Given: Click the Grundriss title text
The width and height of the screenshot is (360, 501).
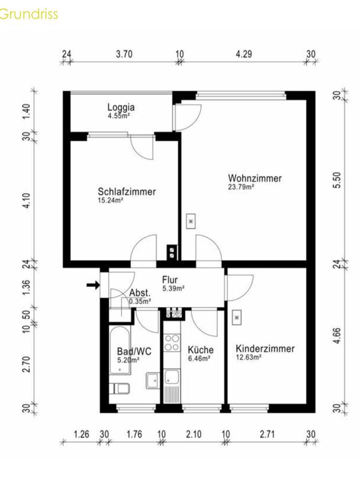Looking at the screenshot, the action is pyautogui.click(x=29, y=14).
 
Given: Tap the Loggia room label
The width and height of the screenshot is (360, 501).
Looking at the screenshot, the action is pyautogui.click(x=121, y=107).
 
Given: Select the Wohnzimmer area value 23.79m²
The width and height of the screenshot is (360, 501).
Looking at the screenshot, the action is pyautogui.click(x=241, y=187).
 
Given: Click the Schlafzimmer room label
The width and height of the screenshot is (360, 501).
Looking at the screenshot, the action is pyautogui.click(x=127, y=192).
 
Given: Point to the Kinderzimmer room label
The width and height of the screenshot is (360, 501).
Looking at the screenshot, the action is pyautogui.click(x=265, y=348).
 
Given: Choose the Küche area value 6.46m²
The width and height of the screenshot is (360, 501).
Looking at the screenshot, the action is pyautogui.click(x=199, y=359).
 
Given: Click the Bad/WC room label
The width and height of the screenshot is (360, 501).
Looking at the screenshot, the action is pyautogui.click(x=134, y=351).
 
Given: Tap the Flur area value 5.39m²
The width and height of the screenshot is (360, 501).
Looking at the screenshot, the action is pyautogui.click(x=173, y=289).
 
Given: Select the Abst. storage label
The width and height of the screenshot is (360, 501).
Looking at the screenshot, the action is pyautogui.click(x=140, y=293).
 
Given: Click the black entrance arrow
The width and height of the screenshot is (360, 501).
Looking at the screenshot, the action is pyautogui.click(x=93, y=284).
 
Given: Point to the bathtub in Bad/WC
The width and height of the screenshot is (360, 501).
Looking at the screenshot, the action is pyautogui.click(x=120, y=350).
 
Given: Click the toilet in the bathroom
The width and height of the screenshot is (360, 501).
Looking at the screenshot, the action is pyautogui.click(x=119, y=388).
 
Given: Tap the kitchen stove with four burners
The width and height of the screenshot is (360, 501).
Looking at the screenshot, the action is pyautogui.click(x=172, y=342).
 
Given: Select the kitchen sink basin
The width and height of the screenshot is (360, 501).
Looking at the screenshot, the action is pyautogui.click(x=172, y=376).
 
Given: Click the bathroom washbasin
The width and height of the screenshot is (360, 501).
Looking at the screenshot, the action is pyautogui.click(x=153, y=380).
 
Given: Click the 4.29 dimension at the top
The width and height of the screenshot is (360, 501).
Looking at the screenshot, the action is pyautogui.click(x=244, y=54).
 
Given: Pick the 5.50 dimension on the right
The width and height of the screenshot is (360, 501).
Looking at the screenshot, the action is pyautogui.click(x=337, y=180).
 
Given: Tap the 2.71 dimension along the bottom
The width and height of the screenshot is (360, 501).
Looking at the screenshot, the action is pyautogui.click(x=267, y=434).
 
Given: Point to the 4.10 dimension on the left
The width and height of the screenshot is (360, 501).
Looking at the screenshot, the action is pyautogui.click(x=27, y=200).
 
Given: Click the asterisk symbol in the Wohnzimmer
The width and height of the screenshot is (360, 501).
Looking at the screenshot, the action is pyautogui.click(x=191, y=221).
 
